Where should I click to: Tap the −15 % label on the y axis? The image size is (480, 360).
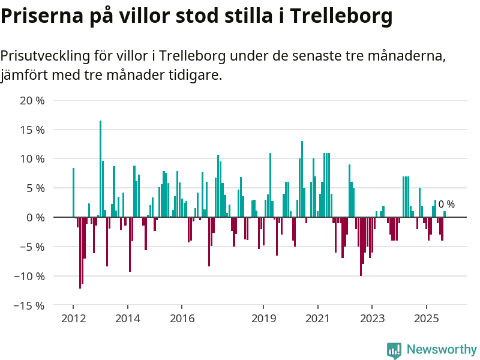click(x=28, y=305)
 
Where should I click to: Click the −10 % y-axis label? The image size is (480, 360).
click(x=28, y=276)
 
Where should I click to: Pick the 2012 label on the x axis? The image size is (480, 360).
click(x=73, y=318)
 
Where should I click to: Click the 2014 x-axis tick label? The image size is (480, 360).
click(x=128, y=318)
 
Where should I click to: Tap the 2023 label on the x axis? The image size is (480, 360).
click(x=372, y=318)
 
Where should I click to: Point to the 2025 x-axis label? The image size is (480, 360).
click(x=427, y=318)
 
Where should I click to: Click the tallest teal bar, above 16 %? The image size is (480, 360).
click(x=100, y=168)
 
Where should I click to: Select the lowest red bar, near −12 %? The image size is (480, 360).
click(x=80, y=252)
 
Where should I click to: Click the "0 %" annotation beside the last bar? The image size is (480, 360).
click(x=446, y=205)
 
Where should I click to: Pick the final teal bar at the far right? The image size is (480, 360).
click(x=445, y=214)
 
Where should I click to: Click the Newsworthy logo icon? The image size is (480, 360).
click(x=394, y=350)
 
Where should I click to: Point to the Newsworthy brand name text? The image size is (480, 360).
click(x=442, y=349)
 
